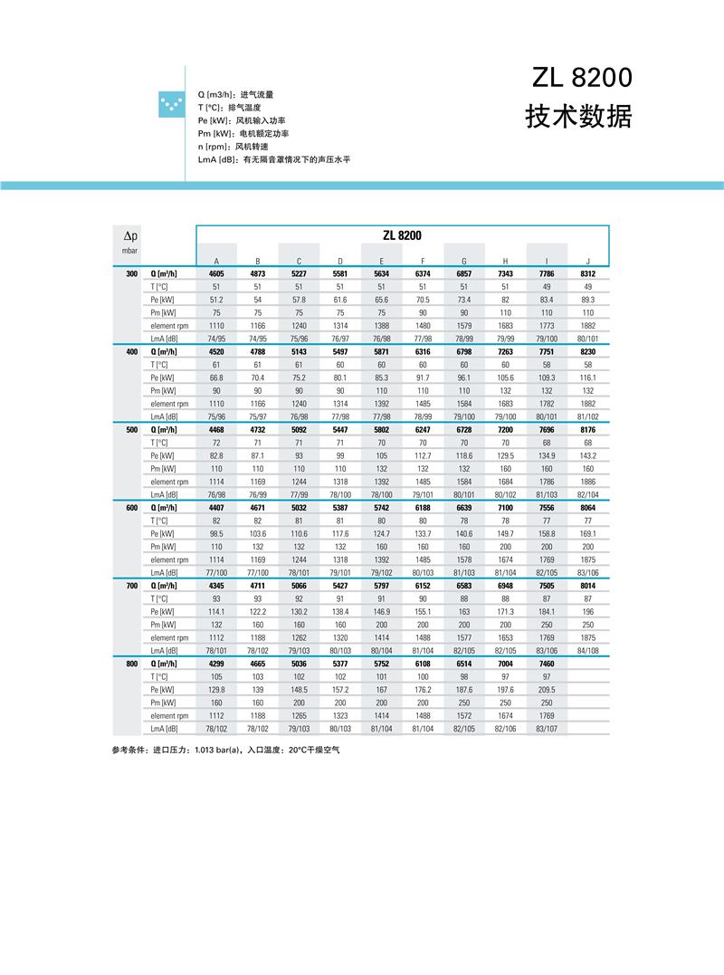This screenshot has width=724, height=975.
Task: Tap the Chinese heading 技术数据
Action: point(578,117)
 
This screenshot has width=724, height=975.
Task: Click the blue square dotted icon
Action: point(169,105)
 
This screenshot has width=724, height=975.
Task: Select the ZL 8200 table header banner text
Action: point(402,235)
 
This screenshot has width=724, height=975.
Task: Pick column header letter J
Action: point(587,261)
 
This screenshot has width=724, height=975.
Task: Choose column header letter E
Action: point(381,261)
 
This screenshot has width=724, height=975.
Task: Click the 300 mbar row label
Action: point(132,273)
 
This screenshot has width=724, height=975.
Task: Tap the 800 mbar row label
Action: point(132,664)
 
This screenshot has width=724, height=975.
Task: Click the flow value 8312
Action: point(587,273)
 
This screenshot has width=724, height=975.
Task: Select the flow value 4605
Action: point(216,273)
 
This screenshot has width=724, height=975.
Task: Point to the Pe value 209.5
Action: point(547,690)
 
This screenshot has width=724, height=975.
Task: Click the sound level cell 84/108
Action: point(587,651)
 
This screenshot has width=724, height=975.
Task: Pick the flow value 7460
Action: point(547,664)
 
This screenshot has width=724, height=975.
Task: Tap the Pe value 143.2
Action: point(587,455)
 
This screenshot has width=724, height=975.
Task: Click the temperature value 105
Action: point(216,677)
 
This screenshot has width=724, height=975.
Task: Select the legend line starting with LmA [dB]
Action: point(273,159)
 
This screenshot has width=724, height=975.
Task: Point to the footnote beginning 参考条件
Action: point(225,750)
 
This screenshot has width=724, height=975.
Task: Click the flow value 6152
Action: point(423,586)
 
